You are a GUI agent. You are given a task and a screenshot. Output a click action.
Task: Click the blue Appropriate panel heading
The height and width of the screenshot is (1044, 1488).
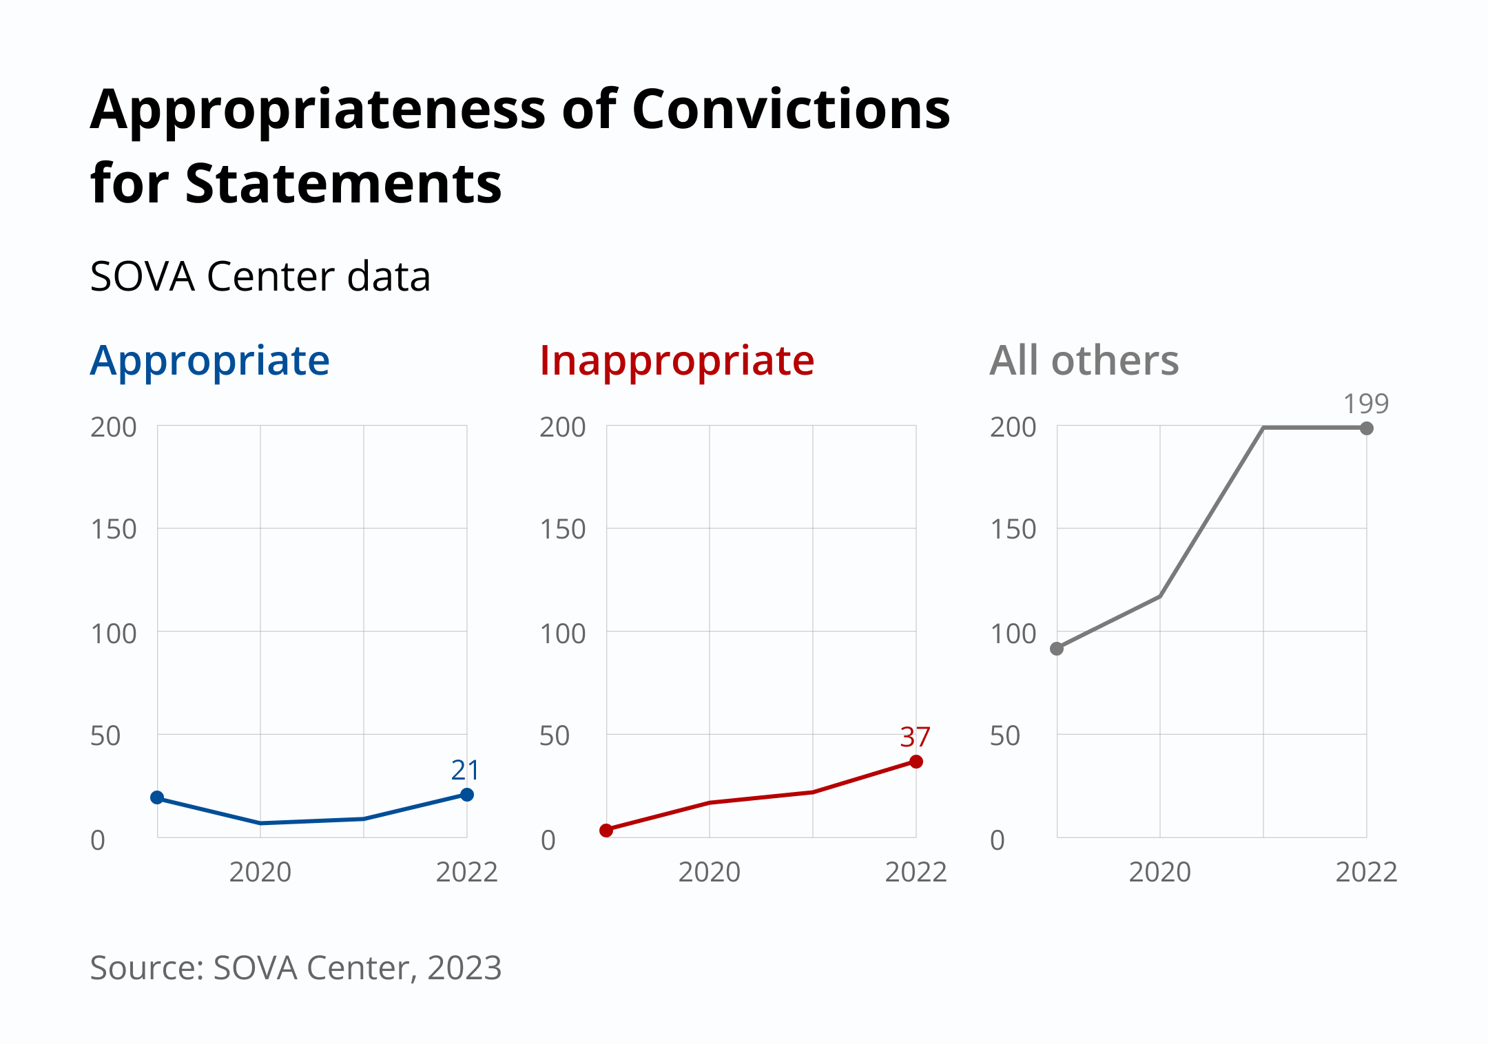pos(210,361)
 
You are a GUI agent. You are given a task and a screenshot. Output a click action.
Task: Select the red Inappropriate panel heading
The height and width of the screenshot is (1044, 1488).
pos(676,361)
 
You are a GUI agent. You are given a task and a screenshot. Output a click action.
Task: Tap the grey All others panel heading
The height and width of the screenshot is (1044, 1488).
pos(1084,361)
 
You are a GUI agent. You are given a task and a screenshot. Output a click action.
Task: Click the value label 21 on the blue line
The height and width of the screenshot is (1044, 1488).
pos(465,770)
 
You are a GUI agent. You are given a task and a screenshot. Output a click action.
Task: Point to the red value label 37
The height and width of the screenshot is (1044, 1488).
pos(915,738)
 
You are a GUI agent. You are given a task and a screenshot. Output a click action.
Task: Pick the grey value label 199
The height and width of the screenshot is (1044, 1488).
pos(1365,404)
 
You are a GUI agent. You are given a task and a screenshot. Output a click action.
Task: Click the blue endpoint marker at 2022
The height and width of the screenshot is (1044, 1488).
pos(467,795)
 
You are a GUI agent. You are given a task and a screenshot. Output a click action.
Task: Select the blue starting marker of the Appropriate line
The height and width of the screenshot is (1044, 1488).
pos(157,797)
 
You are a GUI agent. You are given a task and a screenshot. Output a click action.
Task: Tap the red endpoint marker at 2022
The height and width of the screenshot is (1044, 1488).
pos(916,762)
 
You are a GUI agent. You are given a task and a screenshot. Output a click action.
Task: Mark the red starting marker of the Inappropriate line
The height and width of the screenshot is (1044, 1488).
pos(606,831)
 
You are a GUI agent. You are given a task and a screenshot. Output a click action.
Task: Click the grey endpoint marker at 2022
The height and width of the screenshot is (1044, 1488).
pos(1367,428)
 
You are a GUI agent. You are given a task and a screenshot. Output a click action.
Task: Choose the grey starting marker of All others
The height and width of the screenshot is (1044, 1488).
pos(1057,649)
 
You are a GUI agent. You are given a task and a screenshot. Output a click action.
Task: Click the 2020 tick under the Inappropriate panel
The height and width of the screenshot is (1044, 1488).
pos(709,873)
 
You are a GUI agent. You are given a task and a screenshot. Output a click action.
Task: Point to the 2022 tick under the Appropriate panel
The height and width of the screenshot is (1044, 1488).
pos(466,873)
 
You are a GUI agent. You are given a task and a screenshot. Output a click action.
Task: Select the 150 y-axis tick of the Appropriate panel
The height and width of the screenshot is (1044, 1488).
pos(114,530)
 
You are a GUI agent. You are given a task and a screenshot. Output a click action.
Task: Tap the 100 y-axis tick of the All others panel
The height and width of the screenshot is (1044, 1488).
pos(1013,634)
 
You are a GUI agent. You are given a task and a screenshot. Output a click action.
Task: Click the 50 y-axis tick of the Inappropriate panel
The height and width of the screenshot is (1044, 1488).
pos(555,736)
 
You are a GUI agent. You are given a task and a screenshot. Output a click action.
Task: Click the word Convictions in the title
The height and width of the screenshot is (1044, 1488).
pos(790,110)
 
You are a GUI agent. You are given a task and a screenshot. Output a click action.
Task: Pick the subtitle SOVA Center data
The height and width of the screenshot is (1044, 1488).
pos(260,277)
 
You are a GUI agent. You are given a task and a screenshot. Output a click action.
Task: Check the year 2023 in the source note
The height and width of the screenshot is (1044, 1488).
pos(464,968)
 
